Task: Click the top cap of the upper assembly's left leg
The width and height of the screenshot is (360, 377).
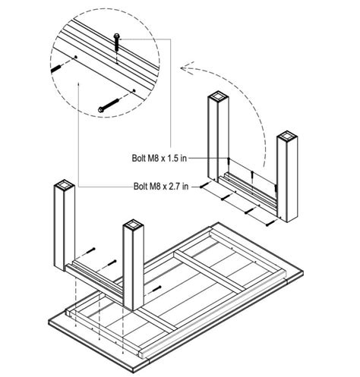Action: click(218, 97)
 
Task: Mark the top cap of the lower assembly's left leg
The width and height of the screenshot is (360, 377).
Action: click(65, 184)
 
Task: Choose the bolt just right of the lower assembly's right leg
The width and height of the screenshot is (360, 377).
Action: click(156, 289)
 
